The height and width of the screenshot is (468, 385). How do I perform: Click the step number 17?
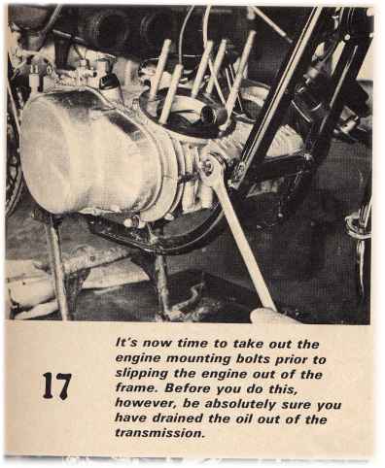click(x=56, y=386)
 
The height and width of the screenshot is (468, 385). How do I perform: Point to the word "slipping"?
click(x=141, y=374)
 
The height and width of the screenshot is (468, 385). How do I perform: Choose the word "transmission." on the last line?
click(x=159, y=433)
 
